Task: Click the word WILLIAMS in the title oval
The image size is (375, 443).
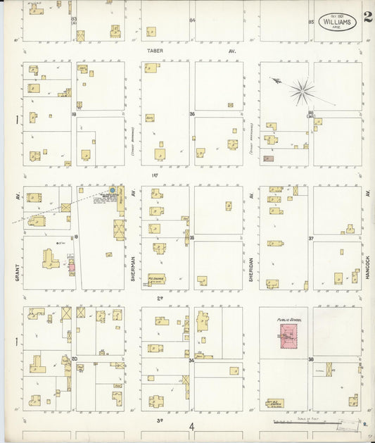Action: (337, 22)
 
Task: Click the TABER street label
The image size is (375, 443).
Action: (155, 51)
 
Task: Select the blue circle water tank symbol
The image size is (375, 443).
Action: (112, 190)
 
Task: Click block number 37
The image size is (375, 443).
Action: (310, 239)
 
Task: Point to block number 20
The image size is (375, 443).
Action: (74, 358)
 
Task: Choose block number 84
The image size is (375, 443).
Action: (192, 20)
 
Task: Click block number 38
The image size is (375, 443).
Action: (310, 358)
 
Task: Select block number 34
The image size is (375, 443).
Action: (191, 360)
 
